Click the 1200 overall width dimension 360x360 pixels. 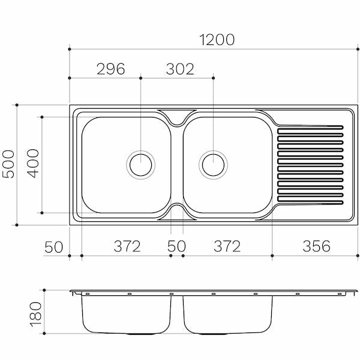[x=217, y=40]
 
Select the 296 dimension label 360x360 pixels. [x=111, y=68]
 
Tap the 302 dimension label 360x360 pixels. [x=180, y=68]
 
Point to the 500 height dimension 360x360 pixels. [x=8, y=164]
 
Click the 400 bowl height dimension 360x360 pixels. [x=33, y=163]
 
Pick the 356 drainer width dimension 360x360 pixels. [x=316, y=246]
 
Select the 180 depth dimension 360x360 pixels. [x=36, y=314]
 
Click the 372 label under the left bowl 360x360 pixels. [x=127, y=246]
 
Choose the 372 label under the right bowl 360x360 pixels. [x=227, y=246]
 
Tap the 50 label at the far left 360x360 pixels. [x=53, y=247]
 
